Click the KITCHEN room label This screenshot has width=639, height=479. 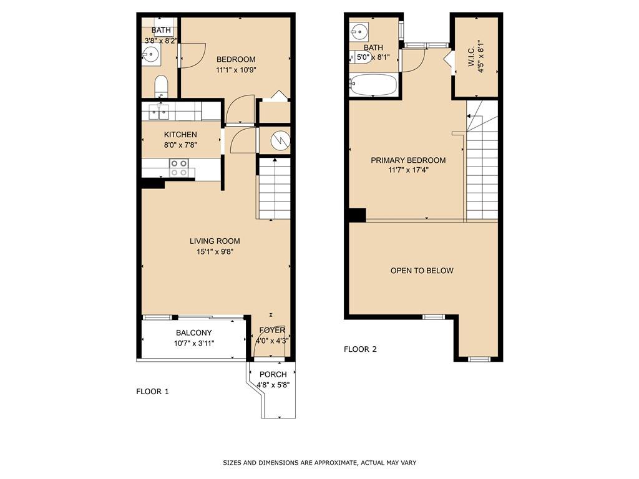pyautogui.click(x=180, y=135)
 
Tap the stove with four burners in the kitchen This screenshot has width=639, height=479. pyautogui.click(x=179, y=168)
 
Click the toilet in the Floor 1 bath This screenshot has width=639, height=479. pyautogui.click(x=161, y=85)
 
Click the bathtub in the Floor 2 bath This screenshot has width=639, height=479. pyautogui.click(x=373, y=85)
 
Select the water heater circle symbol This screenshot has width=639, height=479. pyautogui.click(x=280, y=141)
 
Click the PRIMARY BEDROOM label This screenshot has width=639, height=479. pyautogui.click(x=408, y=160)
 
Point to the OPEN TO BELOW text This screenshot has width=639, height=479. pyautogui.click(x=422, y=271)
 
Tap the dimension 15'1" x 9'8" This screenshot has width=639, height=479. pyautogui.click(x=215, y=252)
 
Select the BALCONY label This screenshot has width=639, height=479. pyautogui.click(x=193, y=333)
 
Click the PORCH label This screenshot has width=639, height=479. pyautogui.click(x=273, y=374)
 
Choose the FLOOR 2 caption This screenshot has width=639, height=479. pyautogui.click(x=360, y=349)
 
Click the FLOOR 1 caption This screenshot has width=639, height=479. pyautogui.click(x=152, y=392)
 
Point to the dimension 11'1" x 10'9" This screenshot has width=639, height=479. pyautogui.click(x=236, y=70)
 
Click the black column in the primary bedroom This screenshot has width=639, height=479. pyautogui.click(x=357, y=215)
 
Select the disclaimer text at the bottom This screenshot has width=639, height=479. pyautogui.click(x=319, y=463)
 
